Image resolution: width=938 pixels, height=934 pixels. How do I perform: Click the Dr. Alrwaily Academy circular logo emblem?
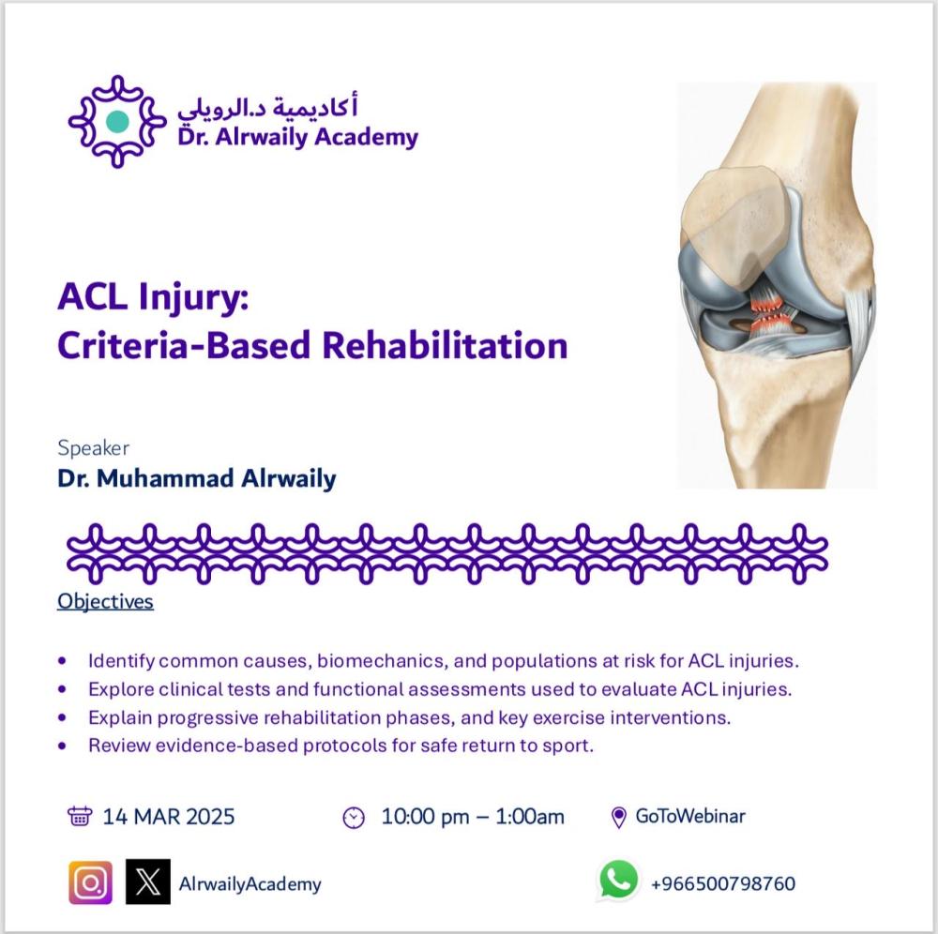click(x=117, y=121)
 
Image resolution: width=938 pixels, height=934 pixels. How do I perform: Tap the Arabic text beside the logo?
click(x=267, y=107)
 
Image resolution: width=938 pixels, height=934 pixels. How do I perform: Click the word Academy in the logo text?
click(x=366, y=138)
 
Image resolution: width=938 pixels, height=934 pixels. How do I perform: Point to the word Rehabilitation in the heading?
click(x=445, y=346)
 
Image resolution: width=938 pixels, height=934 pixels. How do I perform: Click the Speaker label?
click(x=93, y=448)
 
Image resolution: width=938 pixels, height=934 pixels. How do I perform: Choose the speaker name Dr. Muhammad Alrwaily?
click(x=197, y=478)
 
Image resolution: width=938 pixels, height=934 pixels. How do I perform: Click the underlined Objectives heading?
click(x=105, y=601)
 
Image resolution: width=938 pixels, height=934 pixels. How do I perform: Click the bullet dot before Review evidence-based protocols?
click(x=62, y=746)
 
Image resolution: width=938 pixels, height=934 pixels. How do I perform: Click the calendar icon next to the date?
click(x=80, y=816)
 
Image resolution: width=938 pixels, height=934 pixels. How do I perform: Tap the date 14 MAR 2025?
click(x=169, y=817)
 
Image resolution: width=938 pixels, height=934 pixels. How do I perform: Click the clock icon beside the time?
click(x=354, y=818)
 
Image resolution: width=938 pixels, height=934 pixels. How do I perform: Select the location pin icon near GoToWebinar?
click(x=619, y=818)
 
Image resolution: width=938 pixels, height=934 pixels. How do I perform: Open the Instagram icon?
click(x=90, y=882)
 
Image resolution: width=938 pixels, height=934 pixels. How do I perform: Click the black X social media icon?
click(x=148, y=882)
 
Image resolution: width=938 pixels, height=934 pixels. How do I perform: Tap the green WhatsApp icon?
click(x=618, y=881)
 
